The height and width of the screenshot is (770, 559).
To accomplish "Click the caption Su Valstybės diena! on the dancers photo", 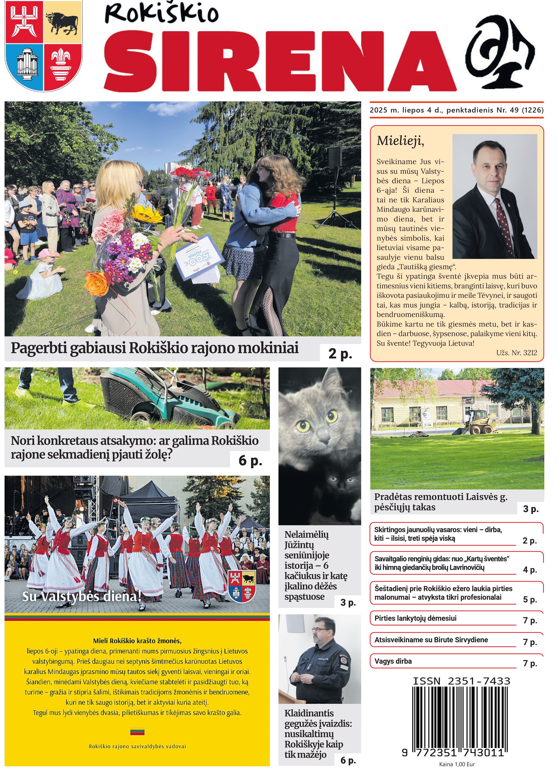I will [x=82, y=596].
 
